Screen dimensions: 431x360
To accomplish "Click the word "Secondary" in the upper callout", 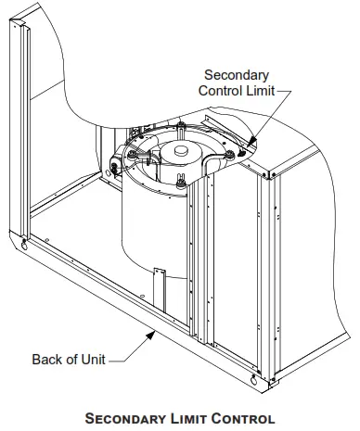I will (235, 75).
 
